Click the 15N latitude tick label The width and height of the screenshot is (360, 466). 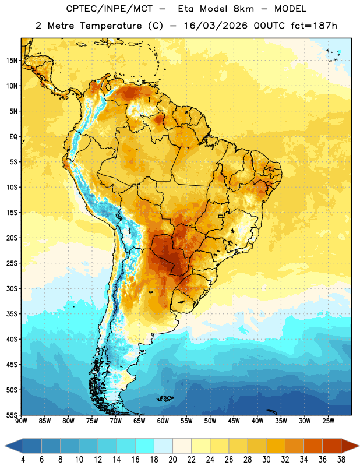tap(12, 61)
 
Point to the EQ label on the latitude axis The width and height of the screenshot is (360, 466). tap(13, 137)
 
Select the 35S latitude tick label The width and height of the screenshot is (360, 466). tap(12, 314)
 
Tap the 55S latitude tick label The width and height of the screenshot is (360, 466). tap(12, 415)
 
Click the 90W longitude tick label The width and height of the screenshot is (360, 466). tap(21, 421)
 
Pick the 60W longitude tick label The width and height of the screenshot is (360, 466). tap(163, 421)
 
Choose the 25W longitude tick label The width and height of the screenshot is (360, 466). tap(328, 421)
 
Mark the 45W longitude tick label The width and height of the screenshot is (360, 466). tap(234, 421)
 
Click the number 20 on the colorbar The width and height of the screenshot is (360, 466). tap(172, 460)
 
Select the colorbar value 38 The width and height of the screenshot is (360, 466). tap(341, 460)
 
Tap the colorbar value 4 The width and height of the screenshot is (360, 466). tap(23, 460)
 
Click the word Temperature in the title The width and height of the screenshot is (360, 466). tap(111, 26)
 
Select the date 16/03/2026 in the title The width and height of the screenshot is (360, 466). tap(216, 26)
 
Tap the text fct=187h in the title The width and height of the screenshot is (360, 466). tap(314, 26)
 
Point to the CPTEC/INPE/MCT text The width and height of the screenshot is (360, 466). tap(109, 9)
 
